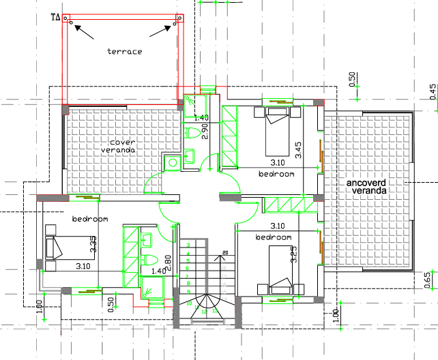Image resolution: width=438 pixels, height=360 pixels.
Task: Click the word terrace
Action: (x=124, y=51)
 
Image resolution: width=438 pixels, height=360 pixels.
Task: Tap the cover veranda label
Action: (x=117, y=146)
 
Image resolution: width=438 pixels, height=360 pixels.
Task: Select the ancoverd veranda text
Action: (x=366, y=187)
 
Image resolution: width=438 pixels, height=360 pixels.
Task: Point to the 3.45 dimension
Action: (x=298, y=150)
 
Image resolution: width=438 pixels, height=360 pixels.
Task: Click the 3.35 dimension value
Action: (x=93, y=243)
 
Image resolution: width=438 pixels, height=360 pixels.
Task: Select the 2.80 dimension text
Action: (x=168, y=262)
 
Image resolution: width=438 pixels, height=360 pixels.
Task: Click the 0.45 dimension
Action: (x=433, y=91)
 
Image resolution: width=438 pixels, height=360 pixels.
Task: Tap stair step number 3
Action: (x=188, y=245)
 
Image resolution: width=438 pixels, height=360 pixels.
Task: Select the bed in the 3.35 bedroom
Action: (x=59, y=246)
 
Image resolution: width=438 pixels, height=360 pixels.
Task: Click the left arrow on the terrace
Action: (x=85, y=29)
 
